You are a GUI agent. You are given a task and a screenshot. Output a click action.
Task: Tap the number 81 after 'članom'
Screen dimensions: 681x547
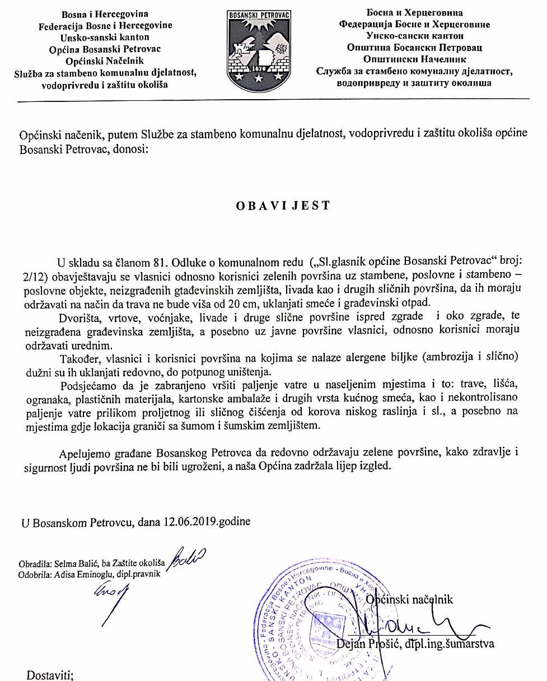pos(161,263)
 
